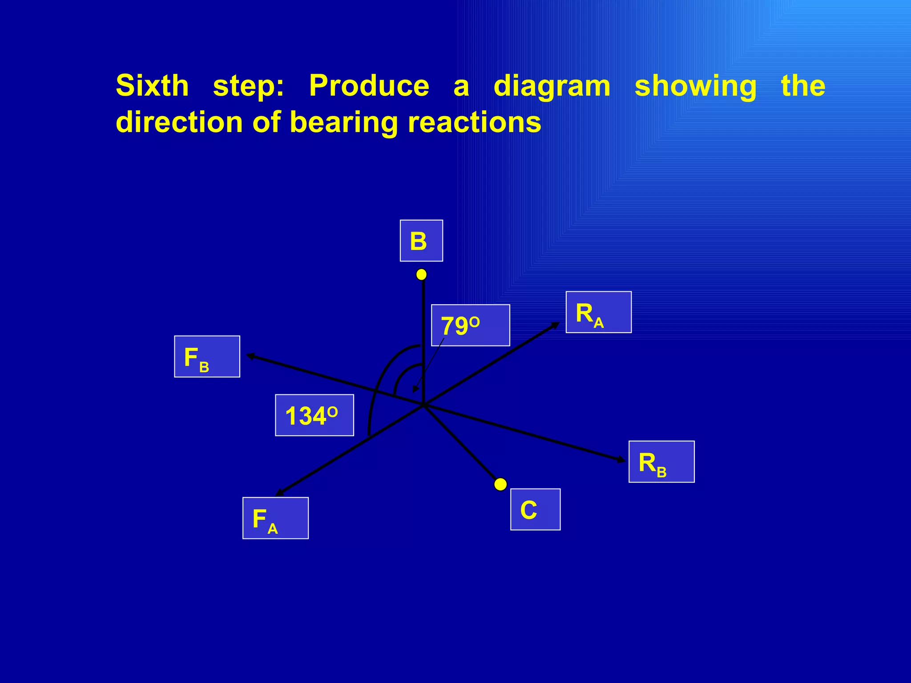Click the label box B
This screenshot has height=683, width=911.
coord(421,241)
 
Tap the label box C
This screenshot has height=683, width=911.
coord(535,509)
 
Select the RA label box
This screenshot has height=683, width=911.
coord(598,312)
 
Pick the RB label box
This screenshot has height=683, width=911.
coord(661,462)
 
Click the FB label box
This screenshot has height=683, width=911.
coord(207,357)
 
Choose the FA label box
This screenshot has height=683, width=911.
coord(275,518)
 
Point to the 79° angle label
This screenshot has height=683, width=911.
coord(470,325)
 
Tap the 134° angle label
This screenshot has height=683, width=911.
coord(314,415)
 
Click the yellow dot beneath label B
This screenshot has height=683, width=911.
coord(421,275)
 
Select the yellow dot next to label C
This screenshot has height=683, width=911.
coord(500,484)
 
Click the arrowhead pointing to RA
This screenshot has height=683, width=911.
coord(556,325)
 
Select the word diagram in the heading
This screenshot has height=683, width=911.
coord(552,86)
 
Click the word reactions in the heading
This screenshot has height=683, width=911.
coord(475,122)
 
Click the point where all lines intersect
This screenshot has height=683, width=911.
coord(423,405)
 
